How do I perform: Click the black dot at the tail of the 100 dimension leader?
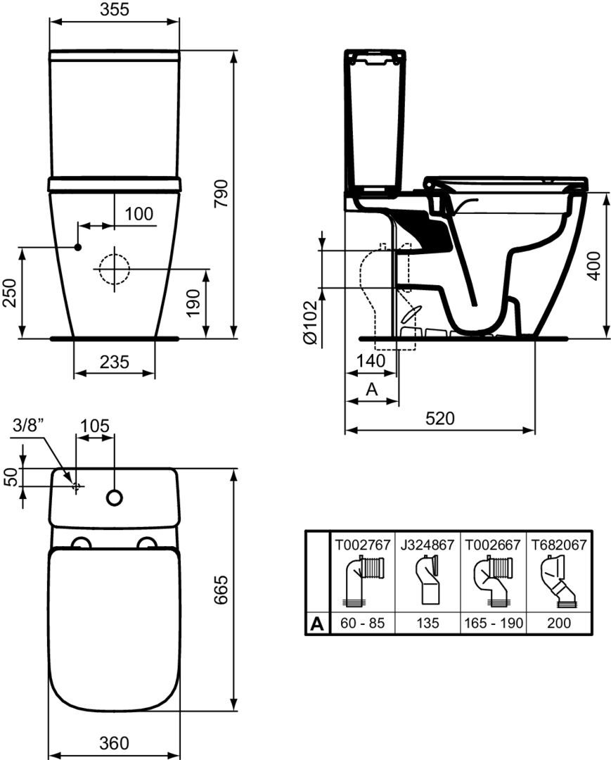pos(77,248)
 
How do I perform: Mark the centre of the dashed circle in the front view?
pos(115,269)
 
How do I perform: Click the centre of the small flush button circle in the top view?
pos(115,498)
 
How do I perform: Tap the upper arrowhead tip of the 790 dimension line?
pos(234,50)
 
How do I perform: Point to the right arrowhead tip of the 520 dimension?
pos(535,430)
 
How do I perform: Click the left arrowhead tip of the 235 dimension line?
pos(74,373)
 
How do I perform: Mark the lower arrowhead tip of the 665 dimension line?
pos(234,711)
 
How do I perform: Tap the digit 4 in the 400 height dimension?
pos(595,273)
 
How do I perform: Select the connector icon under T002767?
pos(363,582)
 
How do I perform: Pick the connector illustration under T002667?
pos(492,582)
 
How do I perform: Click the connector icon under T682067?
pos(559,582)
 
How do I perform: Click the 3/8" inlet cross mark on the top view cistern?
pos(76,486)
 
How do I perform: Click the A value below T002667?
pos(494,623)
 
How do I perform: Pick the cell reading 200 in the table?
pos(559,623)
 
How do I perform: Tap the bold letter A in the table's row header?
pos(316,623)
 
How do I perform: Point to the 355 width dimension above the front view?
pos(115,9)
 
